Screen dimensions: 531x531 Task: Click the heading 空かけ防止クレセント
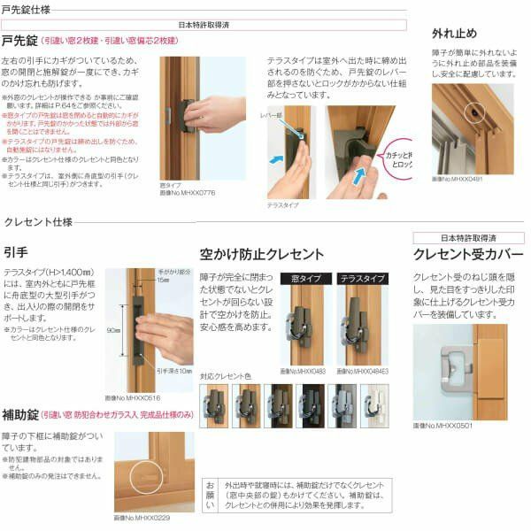(262, 254)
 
